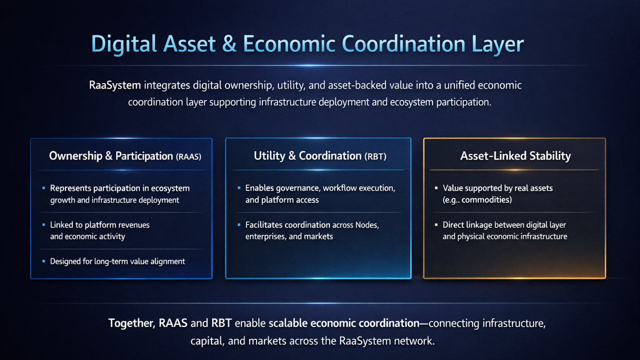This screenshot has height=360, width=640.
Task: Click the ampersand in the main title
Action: pyautogui.click(x=229, y=44)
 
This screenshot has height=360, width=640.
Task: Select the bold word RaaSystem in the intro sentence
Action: pyautogui.click(x=115, y=85)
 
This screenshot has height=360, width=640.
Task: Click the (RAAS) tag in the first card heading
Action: pyautogui.click(x=188, y=156)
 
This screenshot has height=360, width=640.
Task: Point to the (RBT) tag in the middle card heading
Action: pyautogui.click(x=375, y=156)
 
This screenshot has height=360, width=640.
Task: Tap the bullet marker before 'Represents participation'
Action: pyautogui.click(x=43, y=188)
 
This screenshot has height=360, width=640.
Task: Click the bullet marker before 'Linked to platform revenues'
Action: pyautogui.click(x=43, y=225)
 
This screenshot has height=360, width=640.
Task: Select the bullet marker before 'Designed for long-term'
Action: pyautogui.click(x=43, y=261)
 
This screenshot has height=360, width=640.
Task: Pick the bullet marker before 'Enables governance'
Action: pyautogui.click(x=239, y=187)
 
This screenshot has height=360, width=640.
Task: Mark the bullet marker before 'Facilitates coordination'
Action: pyautogui.click(x=239, y=225)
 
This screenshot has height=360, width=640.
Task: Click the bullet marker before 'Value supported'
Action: pyautogui.click(x=436, y=188)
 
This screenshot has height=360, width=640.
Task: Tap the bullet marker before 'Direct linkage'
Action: pyautogui.click(x=436, y=225)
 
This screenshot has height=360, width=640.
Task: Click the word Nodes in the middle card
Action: pyautogui.click(x=367, y=225)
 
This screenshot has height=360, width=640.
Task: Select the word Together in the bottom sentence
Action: pyautogui.click(x=131, y=323)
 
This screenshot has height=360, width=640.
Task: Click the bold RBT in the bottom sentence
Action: pyautogui.click(x=221, y=323)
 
